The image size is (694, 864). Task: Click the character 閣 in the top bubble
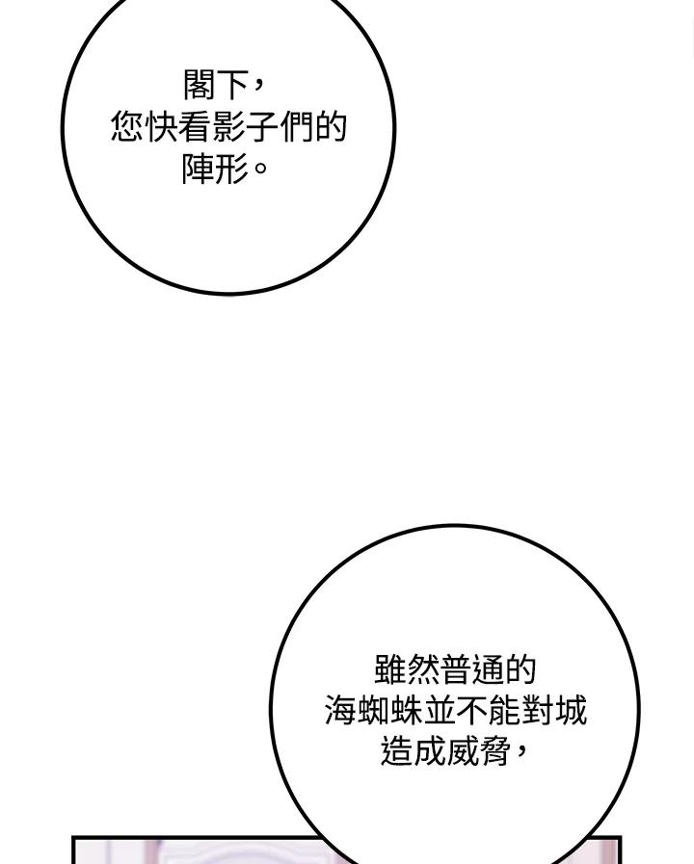click(199, 85)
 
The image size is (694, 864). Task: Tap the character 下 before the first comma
click(232, 85)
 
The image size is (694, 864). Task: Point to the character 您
click(127, 127)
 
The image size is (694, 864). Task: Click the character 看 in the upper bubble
click(195, 127)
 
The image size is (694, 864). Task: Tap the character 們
click(296, 127)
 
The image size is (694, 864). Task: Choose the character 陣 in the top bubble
click(199, 169)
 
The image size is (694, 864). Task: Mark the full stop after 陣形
click(259, 168)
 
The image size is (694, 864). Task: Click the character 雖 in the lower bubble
click(390, 669)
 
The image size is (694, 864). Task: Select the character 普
click(456, 669)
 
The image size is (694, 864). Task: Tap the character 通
click(489, 669)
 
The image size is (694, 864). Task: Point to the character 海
click(340, 710)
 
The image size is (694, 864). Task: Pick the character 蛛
click(406, 710)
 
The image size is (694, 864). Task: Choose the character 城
click(571, 710)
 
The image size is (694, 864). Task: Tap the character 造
click(396, 751)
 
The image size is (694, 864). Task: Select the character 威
click(463, 751)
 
